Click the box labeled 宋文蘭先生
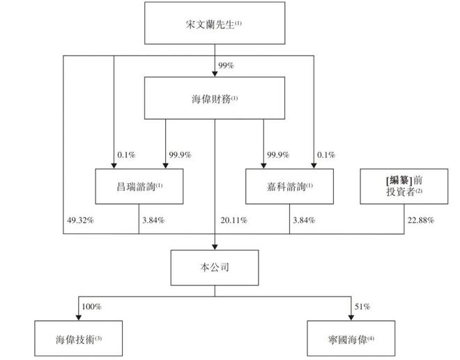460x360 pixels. [215, 25]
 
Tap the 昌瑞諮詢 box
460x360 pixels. [139, 186]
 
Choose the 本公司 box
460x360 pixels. [215, 267]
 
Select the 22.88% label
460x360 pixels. [421, 221]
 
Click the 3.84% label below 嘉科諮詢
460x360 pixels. [302, 221]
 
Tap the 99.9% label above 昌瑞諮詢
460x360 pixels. [179, 154]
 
